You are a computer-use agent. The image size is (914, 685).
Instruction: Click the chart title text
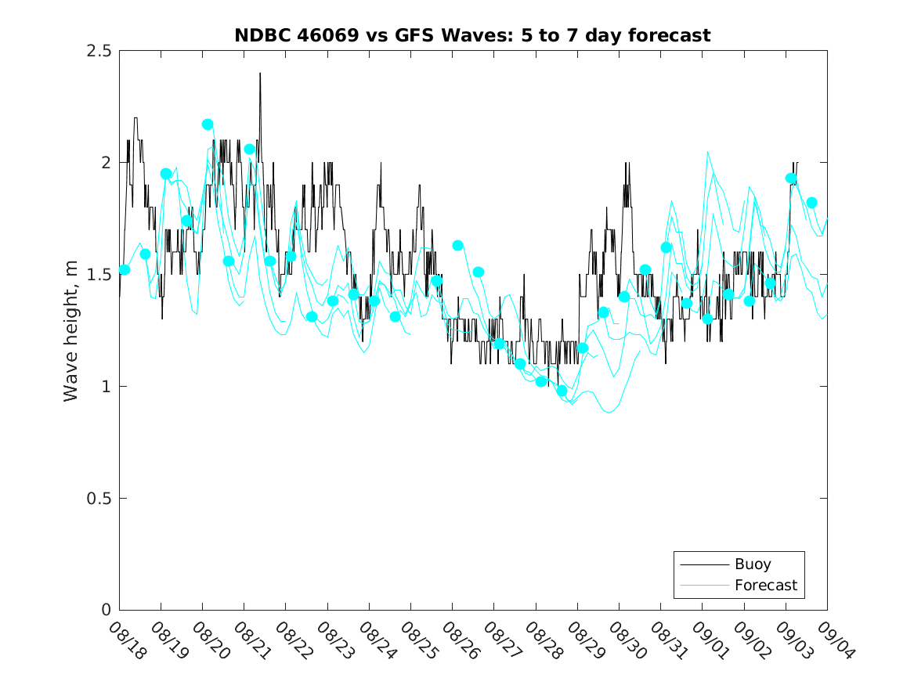tap(472, 35)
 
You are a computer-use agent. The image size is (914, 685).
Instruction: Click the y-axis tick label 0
tap(106, 610)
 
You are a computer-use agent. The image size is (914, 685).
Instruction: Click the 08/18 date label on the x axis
tap(126, 640)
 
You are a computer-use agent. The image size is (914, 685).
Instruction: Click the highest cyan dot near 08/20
tap(208, 124)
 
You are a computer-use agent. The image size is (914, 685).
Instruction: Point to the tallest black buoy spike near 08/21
tap(260, 74)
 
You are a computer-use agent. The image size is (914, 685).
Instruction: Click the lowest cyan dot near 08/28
tap(562, 391)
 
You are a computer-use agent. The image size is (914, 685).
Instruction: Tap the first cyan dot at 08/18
tap(125, 270)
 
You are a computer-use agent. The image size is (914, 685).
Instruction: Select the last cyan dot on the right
tap(811, 203)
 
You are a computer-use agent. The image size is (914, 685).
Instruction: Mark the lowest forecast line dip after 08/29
tap(609, 412)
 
